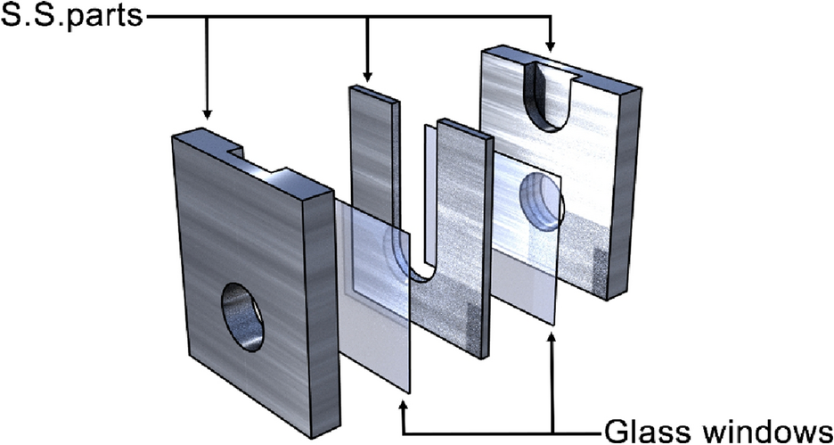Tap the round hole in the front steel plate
click(x=242, y=316)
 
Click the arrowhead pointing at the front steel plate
click(x=207, y=113)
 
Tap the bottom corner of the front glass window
click(x=408, y=391)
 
